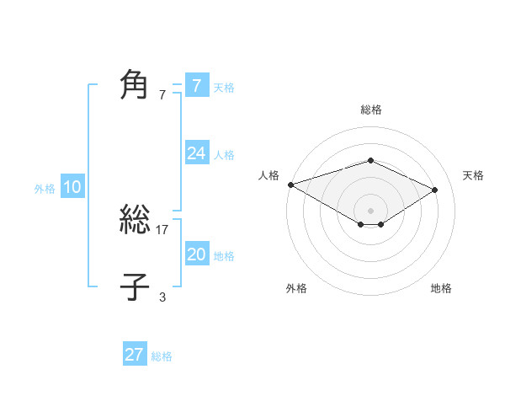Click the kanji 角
pos(135,85)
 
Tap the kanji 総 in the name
pos(135,221)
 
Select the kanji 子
pos(135,286)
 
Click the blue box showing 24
pos(196,153)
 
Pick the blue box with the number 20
pos(196,254)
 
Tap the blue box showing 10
pos(72,187)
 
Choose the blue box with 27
pos(134,355)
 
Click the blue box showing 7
pos(196,85)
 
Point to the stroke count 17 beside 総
pos(162,229)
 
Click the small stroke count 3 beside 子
pos(162,296)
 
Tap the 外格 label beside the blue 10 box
pos(45,189)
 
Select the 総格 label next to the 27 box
pos(162,356)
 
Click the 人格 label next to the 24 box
pos(224,155)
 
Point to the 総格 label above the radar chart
pos(370,110)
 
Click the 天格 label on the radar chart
pos(473,175)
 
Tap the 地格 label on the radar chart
pos(441,288)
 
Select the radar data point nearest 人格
pos(290,185)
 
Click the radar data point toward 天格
pos(435,190)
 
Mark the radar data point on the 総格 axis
pos(370,161)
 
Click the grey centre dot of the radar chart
pos(370,210)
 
